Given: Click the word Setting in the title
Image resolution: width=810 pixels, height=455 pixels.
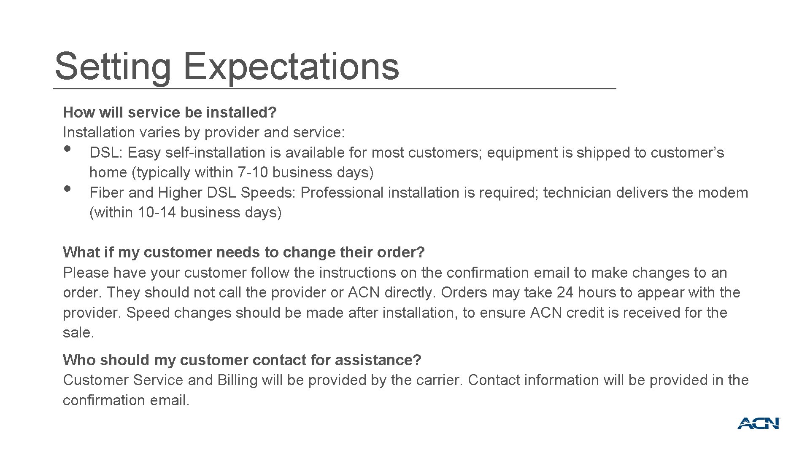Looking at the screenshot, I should point(113,66).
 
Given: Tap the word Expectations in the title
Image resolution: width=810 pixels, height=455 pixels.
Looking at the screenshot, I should point(291,66).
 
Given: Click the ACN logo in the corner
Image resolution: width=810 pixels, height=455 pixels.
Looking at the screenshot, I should point(759,423).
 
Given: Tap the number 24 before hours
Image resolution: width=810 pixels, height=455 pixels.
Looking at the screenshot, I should point(565,293).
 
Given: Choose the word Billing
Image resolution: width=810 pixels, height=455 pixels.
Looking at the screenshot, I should point(238,380).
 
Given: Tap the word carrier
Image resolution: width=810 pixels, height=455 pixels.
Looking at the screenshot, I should point(440,380).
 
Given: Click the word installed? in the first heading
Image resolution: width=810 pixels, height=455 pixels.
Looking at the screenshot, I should point(241,112).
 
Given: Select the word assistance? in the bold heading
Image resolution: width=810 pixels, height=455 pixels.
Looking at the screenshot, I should point(378,360).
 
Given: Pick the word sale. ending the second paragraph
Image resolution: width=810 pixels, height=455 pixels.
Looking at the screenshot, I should point(78,333).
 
